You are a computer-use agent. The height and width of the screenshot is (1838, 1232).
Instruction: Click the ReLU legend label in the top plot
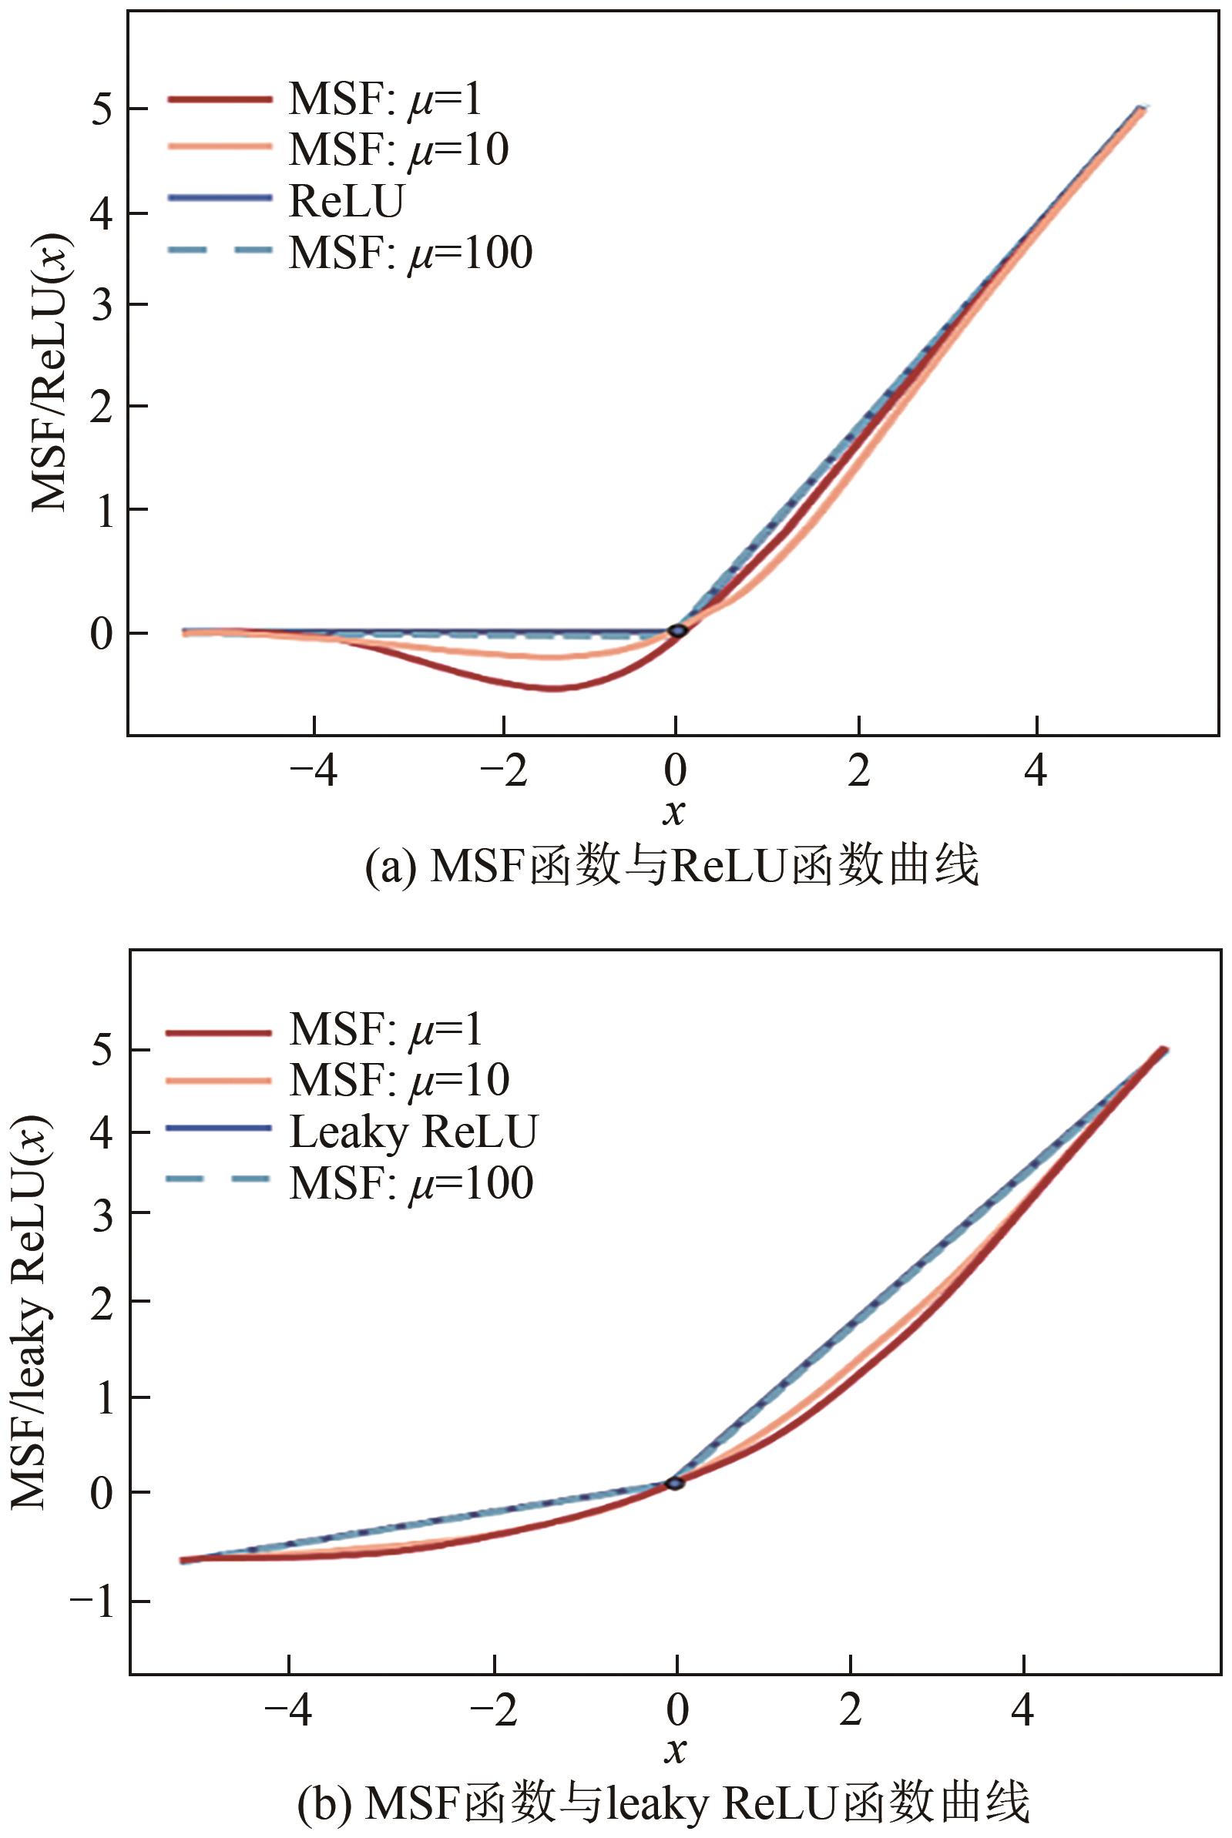click(x=346, y=201)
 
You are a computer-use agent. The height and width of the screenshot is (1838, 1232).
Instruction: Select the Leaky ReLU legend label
click(x=413, y=1132)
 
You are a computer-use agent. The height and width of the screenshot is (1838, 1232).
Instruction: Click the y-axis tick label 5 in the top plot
click(x=104, y=109)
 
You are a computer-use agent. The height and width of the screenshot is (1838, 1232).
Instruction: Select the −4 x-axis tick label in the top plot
click(x=314, y=772)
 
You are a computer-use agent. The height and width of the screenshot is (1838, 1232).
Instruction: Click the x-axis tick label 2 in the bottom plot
click(x=850, y=1711)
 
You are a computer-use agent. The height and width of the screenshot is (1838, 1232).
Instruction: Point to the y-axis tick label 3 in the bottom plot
click(x=104, y=1212)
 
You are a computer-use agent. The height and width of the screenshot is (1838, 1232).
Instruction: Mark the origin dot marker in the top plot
click(x=677, y=631)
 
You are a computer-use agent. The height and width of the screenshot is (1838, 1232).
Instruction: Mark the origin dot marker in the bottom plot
click(x=675, y=1483)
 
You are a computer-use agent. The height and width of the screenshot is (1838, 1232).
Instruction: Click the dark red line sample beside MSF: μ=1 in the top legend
click(x=220, y=99)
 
